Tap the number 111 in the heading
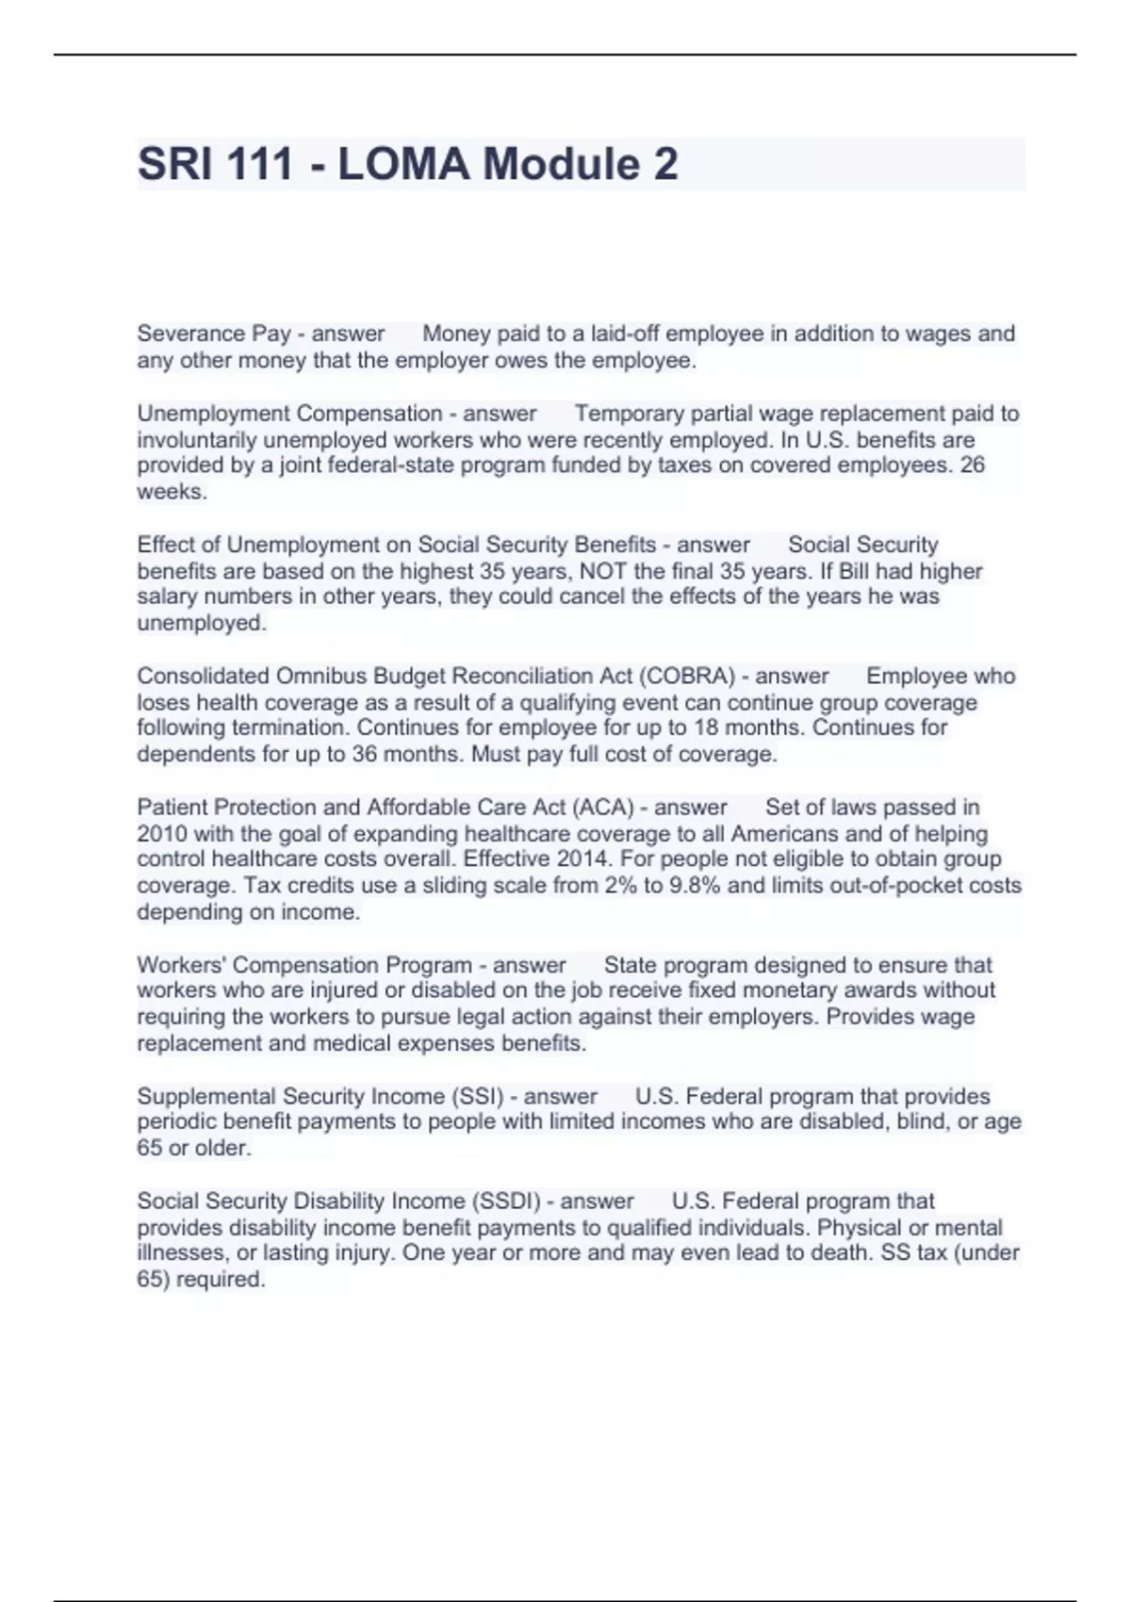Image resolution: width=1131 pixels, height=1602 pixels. click(259, 164)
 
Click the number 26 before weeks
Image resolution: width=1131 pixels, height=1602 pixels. click(972, 465)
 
